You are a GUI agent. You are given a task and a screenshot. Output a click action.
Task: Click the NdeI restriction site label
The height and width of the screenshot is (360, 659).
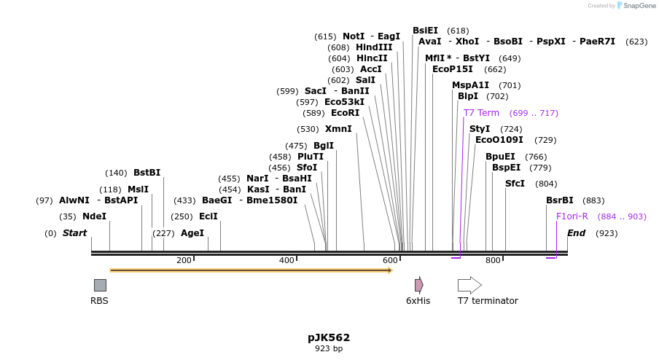(x=94, y=216)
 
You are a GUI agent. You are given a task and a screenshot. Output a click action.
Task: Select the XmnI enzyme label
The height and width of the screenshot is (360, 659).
(x=338, y=129)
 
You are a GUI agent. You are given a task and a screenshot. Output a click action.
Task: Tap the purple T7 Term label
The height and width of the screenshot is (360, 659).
(x=481, y=113)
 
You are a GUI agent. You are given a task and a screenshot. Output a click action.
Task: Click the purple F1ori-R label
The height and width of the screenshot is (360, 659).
(x=572, y=216)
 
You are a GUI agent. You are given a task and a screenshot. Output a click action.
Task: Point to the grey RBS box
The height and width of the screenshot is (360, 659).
(x=100, y=285)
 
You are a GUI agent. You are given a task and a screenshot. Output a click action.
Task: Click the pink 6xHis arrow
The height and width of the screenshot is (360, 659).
(x=418, y=285)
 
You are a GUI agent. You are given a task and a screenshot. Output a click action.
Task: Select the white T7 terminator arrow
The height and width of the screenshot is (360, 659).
(x=469, y=285)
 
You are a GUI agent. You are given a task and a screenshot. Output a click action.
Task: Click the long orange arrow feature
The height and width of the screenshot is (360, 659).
(x=251, y=270)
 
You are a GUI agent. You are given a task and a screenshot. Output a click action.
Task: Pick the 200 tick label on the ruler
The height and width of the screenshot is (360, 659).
(x=184, y=260)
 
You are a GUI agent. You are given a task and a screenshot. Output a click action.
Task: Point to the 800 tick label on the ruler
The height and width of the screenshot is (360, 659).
(x=493, y=260)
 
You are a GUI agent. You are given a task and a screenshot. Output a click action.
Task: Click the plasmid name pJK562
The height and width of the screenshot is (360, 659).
(x=329, y=337)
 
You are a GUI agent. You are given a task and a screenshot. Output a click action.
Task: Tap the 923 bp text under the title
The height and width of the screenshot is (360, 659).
(x=329, y=349)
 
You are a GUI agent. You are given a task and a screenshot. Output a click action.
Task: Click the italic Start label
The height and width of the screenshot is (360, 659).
(x=74, y=233)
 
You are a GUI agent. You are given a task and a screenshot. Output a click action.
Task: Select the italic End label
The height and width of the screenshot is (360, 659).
(x=576, y=233)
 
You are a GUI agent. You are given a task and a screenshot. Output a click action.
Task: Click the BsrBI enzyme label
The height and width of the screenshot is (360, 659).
(x=560, y=200)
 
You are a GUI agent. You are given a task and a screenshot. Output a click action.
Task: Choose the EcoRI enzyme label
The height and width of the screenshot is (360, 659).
(x=346, y=113)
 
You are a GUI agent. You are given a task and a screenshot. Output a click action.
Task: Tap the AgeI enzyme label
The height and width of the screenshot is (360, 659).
(x=192, y=233)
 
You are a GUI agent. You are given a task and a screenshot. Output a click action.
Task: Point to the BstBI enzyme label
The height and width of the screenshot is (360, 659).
(x=147, y=173)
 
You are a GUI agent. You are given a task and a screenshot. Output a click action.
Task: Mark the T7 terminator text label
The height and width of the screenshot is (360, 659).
(x=488, y=301)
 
